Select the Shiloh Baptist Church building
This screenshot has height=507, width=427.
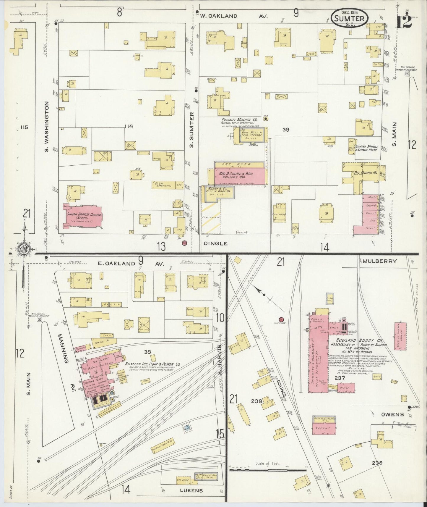(x=83, y=217)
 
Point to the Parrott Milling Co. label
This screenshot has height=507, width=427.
(x=239, y=120)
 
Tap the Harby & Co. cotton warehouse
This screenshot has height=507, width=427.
(x=218, y=192)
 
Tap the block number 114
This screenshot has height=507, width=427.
(x=129, y=127)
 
